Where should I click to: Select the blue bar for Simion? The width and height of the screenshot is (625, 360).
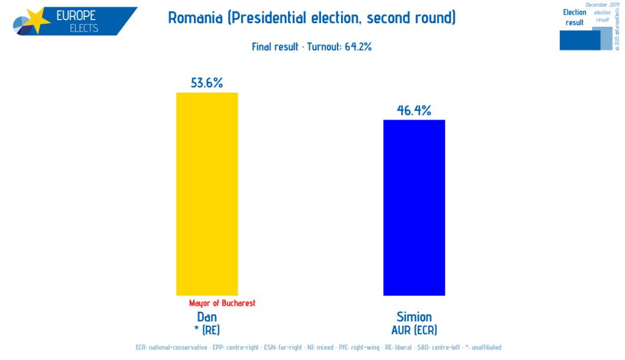pyautogui.click(x=414, y=207)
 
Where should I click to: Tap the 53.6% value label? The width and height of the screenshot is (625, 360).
pyautogui.click(x=207, y=82)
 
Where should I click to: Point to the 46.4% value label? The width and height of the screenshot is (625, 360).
pyautogui.click(x=414, y=110)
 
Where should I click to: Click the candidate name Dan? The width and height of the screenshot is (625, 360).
pyautogui.click(x=207, y=317)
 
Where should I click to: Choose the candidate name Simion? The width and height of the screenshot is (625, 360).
pyautogui.click(x=414, y=317)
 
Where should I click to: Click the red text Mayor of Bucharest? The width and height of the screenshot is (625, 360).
pyautogui.click(x=222, y=303)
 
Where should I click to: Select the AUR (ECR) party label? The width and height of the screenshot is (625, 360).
pyautogui.click(x=414, y=330)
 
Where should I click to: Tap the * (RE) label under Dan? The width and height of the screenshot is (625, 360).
pyautogui.click(x=207, y=330)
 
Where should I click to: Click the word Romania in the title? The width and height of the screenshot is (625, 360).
pyautogui.click(x=195, y=18)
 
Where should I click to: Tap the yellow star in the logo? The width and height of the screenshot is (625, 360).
pyautogui.click(x=36, y=20)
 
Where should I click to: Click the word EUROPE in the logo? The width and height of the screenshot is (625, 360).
pyautogui.click(x=76, y=16)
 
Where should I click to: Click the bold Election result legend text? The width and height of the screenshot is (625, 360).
pyautogui.click(x=574, y=17)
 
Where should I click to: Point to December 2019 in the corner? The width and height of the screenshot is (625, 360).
pyautogui.click(x=602, y=5)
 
